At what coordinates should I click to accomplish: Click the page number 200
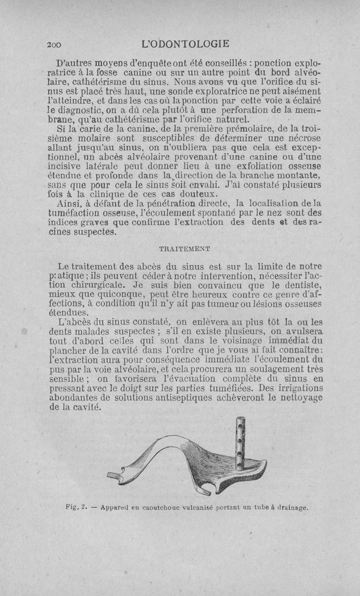tap(56, 44)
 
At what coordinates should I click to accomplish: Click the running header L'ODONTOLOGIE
tap(185, 44)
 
